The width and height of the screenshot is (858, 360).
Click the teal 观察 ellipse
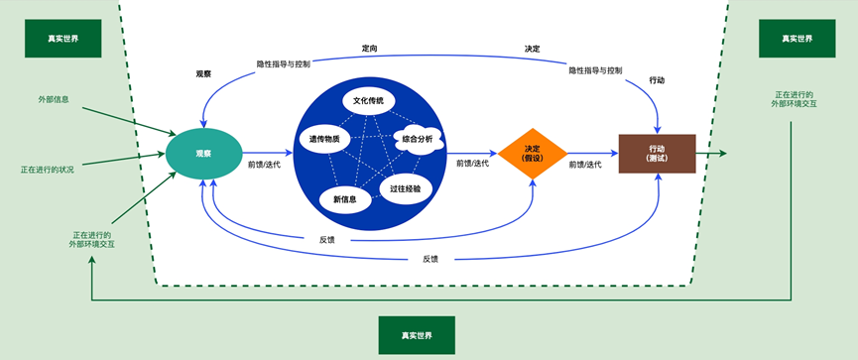203,154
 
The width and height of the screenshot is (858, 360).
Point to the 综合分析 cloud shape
418,139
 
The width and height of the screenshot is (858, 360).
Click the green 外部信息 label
54,100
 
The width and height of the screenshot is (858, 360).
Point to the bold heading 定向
369,48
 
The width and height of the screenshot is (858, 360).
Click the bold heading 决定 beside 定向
532,48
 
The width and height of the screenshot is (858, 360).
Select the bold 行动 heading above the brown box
656,79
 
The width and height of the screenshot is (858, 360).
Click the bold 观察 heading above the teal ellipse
203,73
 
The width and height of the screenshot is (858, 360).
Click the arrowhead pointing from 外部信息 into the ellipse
171,134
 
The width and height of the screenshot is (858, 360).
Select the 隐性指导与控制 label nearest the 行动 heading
595,69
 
